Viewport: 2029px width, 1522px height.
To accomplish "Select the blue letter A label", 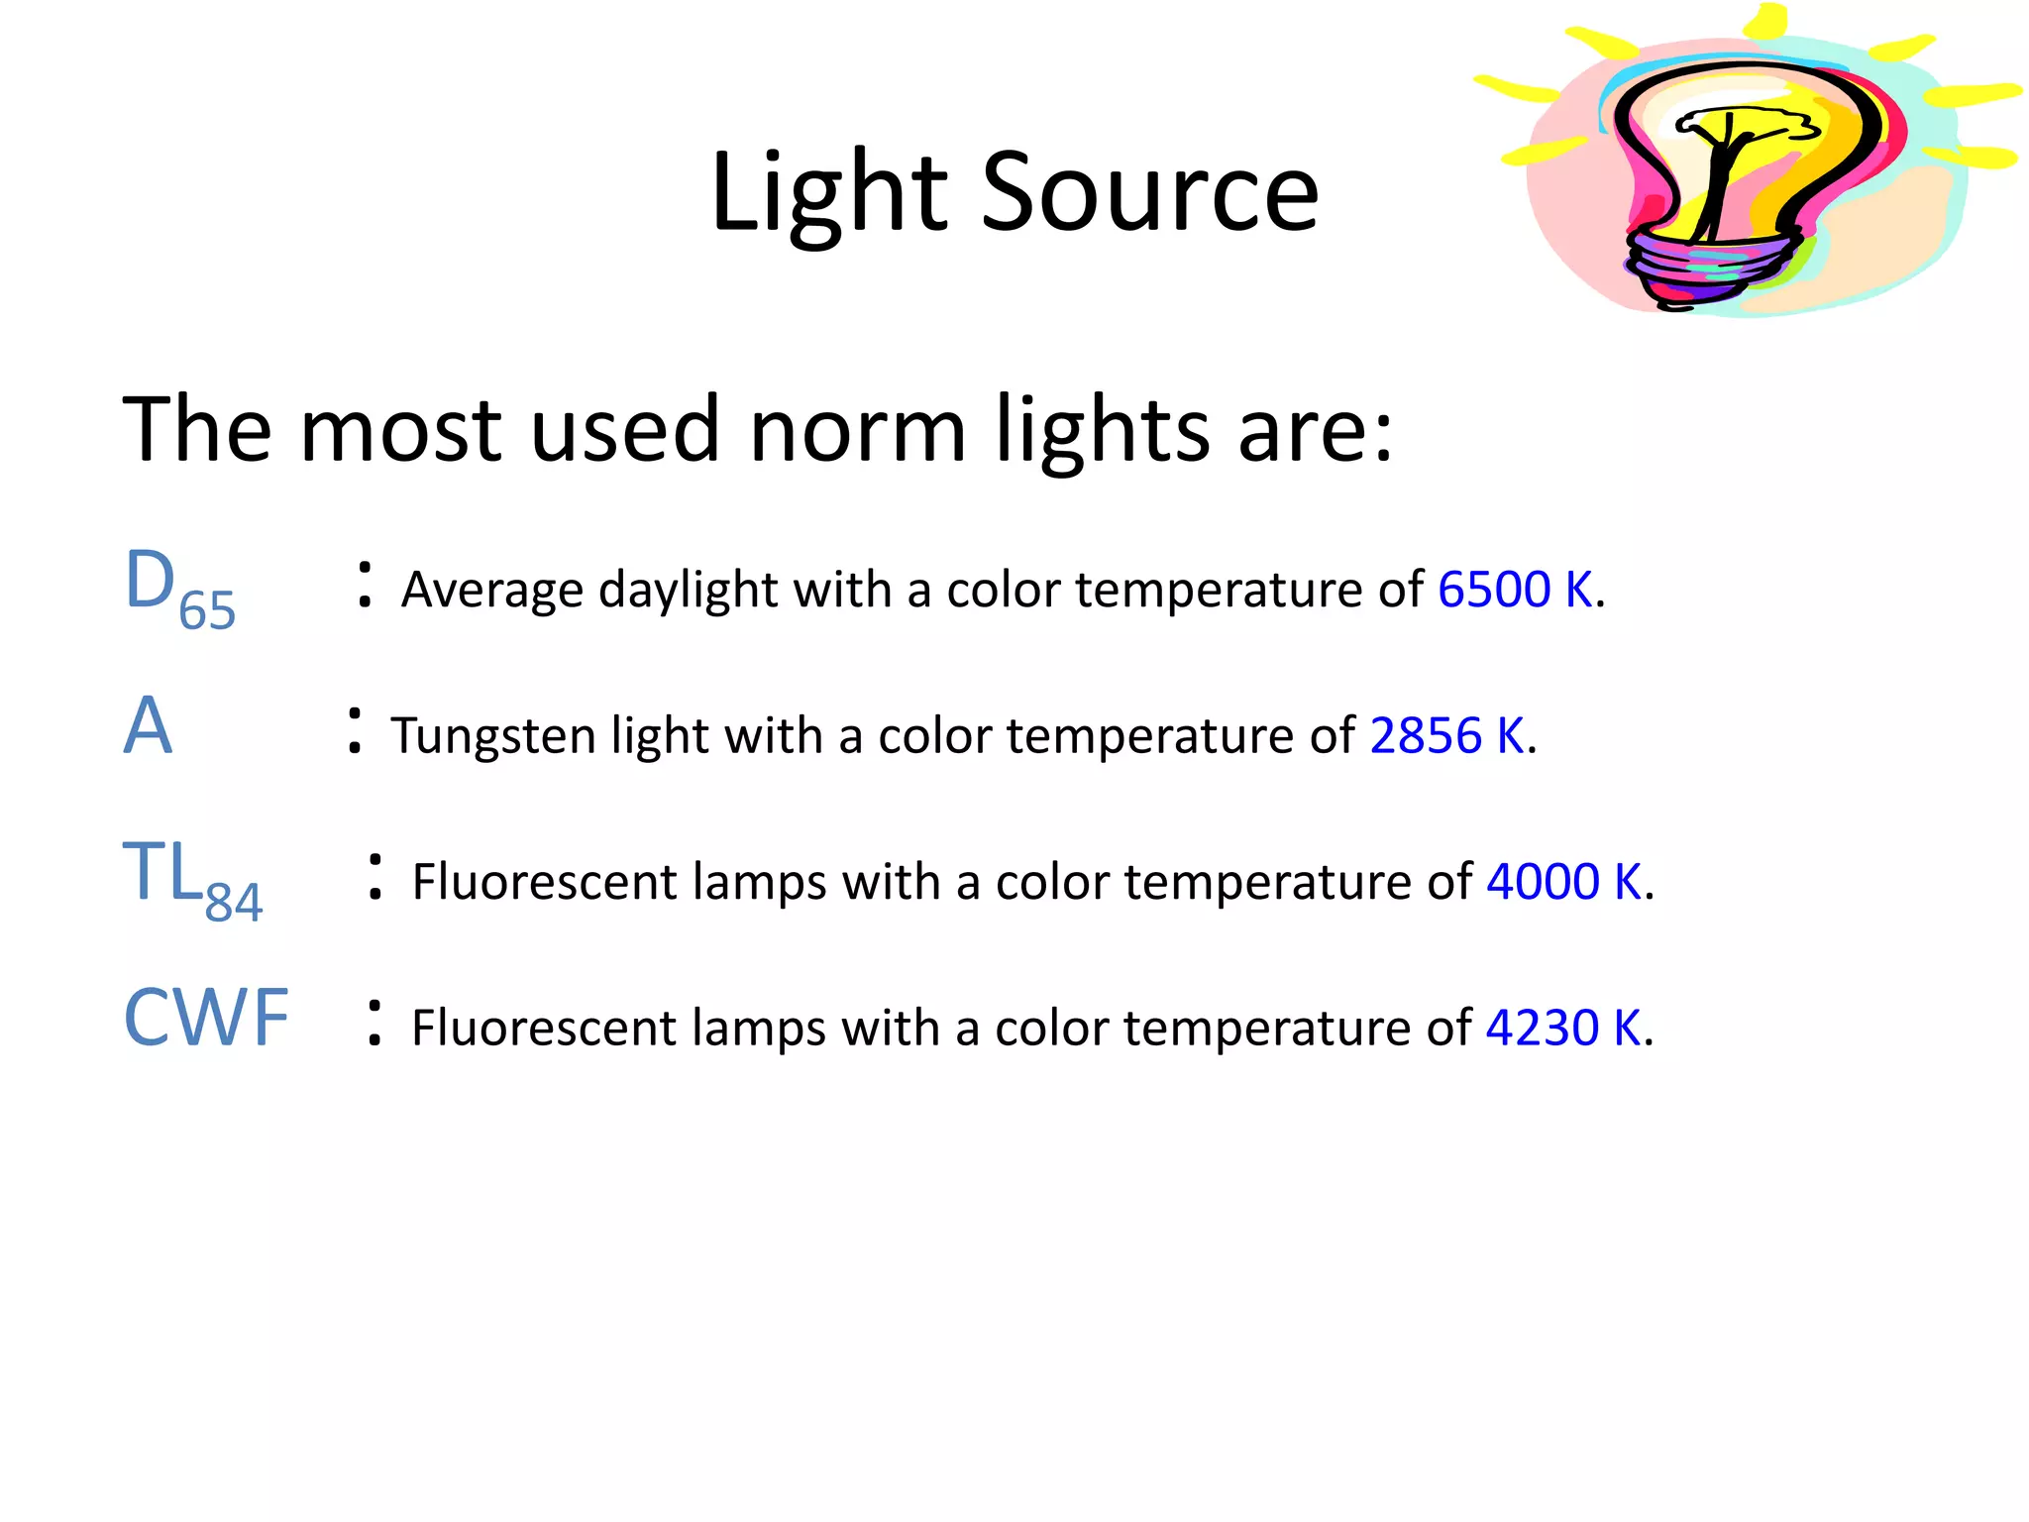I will [x=148, y=726].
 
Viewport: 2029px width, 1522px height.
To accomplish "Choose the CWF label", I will [x=206, y=1018].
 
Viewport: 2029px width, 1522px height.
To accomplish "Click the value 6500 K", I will [x=1515, y=590].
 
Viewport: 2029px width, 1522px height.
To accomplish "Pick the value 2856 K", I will [x=1446, y=736].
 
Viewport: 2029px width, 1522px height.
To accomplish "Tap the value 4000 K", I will [x=1564, y=882].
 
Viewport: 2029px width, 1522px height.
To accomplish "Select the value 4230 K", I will [x=1563, y=1028].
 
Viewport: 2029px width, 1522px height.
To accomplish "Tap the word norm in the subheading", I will [x=857, y=430].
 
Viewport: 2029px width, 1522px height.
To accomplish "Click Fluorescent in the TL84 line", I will [x=544, y=882].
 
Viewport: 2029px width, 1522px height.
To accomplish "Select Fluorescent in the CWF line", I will [x=544, y=1028].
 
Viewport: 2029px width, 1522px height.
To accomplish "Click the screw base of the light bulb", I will [x=1706, y=266].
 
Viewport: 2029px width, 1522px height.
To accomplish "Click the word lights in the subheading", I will [x=1103, y=432].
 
